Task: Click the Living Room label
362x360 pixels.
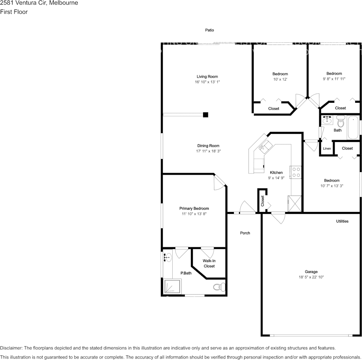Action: [x=207, y=76]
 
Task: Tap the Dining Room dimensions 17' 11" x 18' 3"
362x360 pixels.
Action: [x=208, y=151]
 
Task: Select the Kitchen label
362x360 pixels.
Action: [x=276, y=172]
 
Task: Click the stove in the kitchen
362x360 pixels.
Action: [x=295, y=172]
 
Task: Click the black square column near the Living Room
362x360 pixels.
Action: [x=206, y=115]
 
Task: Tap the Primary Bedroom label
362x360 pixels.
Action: [x=194, y=209]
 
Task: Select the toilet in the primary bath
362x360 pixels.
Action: [x=218, y=287]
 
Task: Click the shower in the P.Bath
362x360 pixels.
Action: [x=172, y=286]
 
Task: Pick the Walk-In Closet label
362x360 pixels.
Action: [x=209, y=263]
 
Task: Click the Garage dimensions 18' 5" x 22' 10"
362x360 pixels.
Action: [x=311, y=277]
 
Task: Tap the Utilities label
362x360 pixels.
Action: [x=342, y=221]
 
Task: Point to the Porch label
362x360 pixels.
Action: [x=245, y=233]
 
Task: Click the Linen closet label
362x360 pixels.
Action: [x=327, y=148]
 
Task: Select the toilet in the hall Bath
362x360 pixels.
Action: [x=341, y=122]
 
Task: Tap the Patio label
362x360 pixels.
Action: [x=210, y=30]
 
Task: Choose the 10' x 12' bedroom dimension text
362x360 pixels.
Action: [x=280, y=79]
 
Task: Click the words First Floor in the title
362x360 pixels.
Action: [x=14, y=12]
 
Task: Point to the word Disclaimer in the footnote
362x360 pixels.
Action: [x=11, y=348]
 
